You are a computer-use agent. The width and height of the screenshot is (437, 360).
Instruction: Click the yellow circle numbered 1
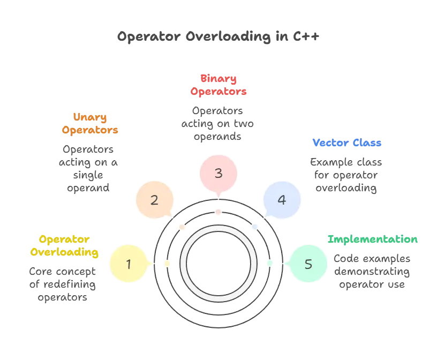click(128, 264)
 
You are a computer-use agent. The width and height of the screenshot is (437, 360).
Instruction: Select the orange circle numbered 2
click(154, 200)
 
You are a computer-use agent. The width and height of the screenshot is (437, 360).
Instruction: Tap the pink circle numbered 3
click(218, 174)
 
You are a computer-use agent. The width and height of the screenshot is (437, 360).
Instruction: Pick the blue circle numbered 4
click(282, 200)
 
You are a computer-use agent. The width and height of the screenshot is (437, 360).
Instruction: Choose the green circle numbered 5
click(308, 264)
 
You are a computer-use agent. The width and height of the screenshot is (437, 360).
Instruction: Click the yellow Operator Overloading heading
click(64, 245)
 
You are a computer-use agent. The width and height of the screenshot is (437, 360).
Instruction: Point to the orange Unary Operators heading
click(89, 123)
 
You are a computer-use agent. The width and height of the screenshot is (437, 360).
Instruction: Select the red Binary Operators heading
click(218, 85)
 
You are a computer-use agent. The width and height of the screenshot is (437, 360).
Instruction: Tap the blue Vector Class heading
click(347, 143)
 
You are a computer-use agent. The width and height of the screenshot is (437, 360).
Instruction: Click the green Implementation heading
click(373, 239)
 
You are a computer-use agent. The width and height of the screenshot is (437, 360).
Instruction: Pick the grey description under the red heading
click(218, 123)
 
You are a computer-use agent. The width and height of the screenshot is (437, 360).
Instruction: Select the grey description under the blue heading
click(347, 174)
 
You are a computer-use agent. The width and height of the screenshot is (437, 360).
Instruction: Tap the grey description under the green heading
click(373, 273)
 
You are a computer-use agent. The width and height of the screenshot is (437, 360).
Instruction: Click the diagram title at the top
click(218, 36)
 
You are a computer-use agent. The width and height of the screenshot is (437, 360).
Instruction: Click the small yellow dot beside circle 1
click(167, 264)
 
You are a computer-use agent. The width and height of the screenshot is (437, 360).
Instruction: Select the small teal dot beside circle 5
click(269, 262)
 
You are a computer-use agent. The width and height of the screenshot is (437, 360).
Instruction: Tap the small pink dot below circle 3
click(218, 212)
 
